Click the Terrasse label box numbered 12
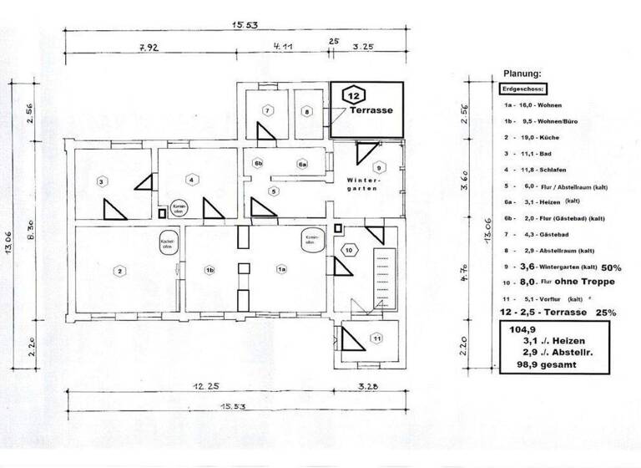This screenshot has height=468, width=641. tap(366, 109)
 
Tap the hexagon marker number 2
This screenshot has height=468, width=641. tap(119, 271)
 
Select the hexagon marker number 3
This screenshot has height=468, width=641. tap(101, 181)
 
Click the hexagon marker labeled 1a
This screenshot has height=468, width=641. tap(281, 270)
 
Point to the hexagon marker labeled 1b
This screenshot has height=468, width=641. tap(210, 270)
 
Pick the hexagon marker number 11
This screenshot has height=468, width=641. tap(376, 338)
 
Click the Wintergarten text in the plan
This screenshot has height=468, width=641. tap(364, 185)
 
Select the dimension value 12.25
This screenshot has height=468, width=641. tap(197, 386)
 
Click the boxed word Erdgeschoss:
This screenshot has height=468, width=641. tap(524, 89)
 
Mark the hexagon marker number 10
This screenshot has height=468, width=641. tap(350, 249)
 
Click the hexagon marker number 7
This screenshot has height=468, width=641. tap(266, 110)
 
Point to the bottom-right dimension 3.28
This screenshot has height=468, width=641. tap(367, 386)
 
